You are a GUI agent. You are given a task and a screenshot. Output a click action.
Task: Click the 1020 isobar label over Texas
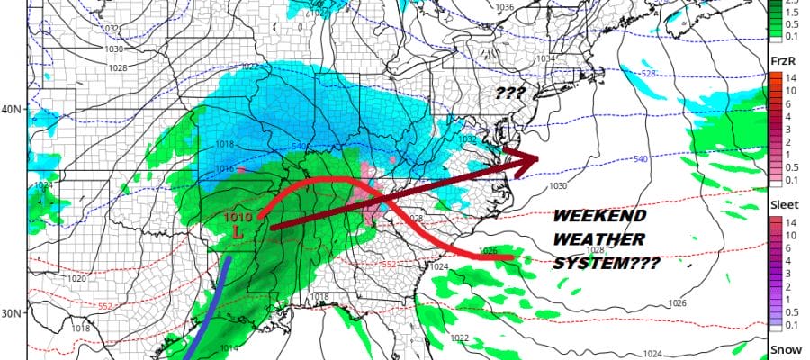(x=79, y=279)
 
